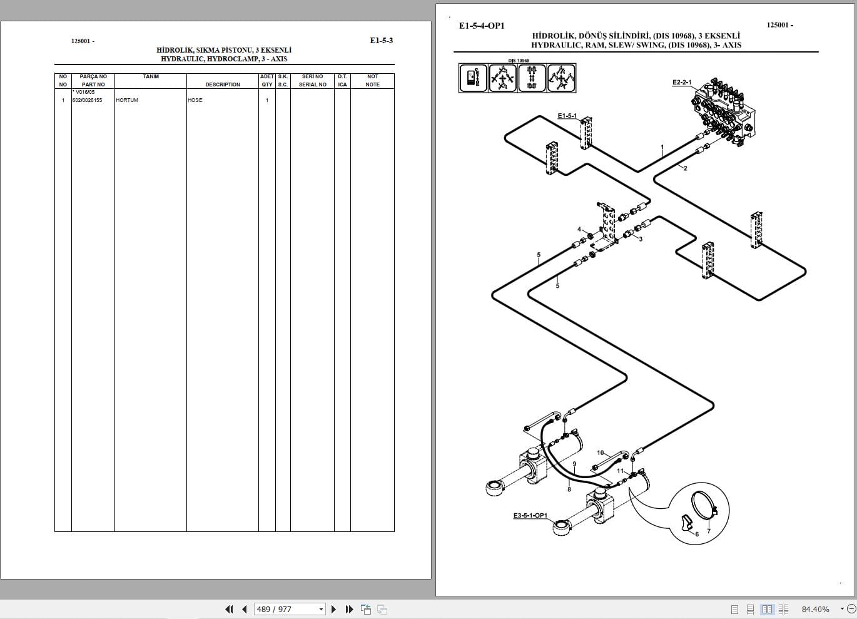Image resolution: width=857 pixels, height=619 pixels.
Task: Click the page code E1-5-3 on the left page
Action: coord(381,41)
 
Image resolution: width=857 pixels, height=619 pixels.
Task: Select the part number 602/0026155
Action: coord(87,100)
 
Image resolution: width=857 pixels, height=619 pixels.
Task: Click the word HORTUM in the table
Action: coord(127,100)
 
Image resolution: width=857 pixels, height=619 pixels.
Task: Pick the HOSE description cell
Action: coord(195,100)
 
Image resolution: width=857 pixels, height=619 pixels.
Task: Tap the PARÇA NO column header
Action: coord(93,76)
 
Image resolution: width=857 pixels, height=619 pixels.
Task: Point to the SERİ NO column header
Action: coord(312,76)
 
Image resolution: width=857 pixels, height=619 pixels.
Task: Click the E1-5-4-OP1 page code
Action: coord(481,26)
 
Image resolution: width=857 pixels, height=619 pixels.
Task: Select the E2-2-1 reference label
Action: coord(681,82)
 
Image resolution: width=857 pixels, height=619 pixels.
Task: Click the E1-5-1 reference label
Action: coord(567,116)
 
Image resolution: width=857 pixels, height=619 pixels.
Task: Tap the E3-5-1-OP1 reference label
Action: coord(530,516)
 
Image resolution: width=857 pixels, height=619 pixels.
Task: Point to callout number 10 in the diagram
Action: coord(601,453)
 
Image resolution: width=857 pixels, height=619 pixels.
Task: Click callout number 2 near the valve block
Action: coord(685,168)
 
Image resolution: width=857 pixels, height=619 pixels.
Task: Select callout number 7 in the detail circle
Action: coord(708,531)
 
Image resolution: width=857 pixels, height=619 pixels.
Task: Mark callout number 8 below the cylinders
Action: coord(569,489)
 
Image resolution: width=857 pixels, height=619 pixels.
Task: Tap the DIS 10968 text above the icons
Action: coord(519,61)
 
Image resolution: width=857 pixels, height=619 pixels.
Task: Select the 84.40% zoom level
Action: coord(815,609)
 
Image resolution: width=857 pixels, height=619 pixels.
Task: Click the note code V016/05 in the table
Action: coord(84,92)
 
